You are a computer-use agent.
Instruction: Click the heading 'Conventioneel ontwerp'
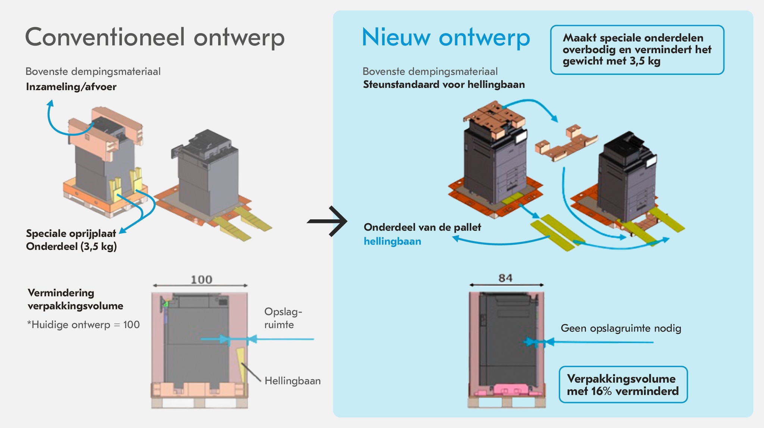[x=155, y=38]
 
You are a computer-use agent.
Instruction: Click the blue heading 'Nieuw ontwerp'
[x=446, y=38]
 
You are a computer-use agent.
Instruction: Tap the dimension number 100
[x=201, y=279]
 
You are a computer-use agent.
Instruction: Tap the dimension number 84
[x=505, y=278]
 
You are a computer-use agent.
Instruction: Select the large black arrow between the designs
[x=328, y=221]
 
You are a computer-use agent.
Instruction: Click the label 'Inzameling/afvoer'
[x=71, y=87]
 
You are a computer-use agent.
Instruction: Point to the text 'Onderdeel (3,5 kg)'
[x=71, y=246]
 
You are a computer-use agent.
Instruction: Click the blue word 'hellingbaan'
[x=392, y=241]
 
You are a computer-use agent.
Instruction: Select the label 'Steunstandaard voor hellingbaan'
[x=444, y=85]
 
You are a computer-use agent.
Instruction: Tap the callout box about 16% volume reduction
[x=623, y=384]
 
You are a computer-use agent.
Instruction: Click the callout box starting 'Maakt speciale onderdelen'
[x=637, y=50]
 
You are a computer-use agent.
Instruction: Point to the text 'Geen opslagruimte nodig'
[x=621, y=328]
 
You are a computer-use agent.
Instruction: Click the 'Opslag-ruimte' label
[x=283, y=318]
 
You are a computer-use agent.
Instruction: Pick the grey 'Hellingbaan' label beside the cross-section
[x=292, y=381]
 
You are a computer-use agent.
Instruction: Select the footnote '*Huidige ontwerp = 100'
[x=83, y=324]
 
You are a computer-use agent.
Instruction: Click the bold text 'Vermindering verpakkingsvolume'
[x=75, y=299]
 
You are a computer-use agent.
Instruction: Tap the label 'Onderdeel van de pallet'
[x=422, y=227]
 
